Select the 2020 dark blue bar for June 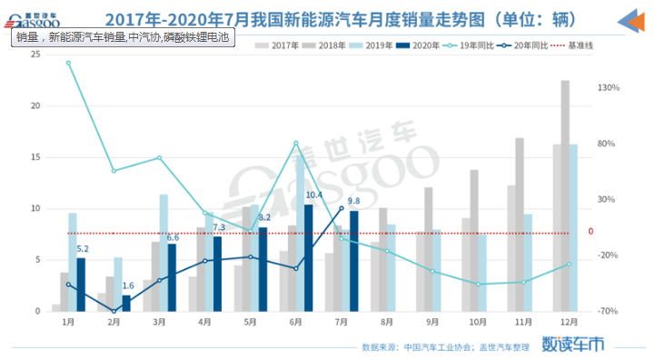[309, 258]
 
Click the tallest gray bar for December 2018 [565, 195]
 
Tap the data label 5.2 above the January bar [82, 249]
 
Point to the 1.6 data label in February [128, 286]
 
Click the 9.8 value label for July [354, 201]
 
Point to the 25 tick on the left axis [35, 55]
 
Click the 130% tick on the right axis [608, 88]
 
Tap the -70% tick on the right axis [608, 311]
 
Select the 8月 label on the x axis [386, 322]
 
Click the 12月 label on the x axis [569, 322]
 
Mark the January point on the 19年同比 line [68, 63]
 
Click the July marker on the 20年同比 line [342, 208]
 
